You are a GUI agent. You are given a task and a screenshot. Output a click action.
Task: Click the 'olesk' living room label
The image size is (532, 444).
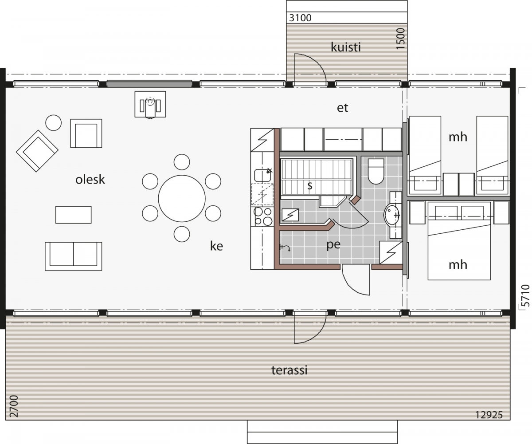[x=90, y=180]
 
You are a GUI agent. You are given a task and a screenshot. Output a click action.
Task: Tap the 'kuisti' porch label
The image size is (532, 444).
[x=346, y=47]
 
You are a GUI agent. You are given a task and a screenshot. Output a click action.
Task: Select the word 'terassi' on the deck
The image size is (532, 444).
[x=289, y=370]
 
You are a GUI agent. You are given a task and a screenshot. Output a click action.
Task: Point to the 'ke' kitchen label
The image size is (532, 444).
[x=217, y=246]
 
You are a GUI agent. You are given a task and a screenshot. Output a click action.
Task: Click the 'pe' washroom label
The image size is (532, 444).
[x=333, y=245]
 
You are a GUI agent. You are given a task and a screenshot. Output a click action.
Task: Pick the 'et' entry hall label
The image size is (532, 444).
[x=342, y=108]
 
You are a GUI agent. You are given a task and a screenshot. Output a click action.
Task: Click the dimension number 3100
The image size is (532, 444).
[x=301, y=18]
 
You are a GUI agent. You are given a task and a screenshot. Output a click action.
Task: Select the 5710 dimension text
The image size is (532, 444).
[x=525, y=296]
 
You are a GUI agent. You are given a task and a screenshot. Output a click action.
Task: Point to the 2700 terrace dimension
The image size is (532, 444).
[x=14, y=407]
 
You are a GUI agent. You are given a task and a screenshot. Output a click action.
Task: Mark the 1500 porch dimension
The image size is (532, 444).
[x=400, y=39]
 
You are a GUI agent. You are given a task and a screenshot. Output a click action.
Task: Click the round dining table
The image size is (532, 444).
[x=182, y=198]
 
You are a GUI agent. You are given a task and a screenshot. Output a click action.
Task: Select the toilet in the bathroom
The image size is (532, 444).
[x=376, y=171]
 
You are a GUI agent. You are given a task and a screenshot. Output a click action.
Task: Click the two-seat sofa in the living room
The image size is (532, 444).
[x=74, y=256]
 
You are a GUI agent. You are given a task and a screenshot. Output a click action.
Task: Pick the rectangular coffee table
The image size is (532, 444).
[x=74, y=215]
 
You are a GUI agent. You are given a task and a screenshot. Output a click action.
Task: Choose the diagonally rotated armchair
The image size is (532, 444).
[x=37, y=151]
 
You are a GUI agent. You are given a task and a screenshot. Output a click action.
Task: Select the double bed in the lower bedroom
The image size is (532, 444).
[x=459, y=241]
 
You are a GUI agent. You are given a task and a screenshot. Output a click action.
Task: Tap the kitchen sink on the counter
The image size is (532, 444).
[x=263, y=175]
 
